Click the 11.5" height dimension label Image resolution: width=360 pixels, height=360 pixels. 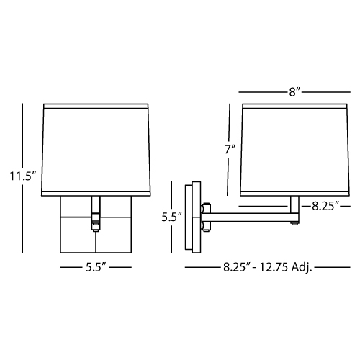[22, 176]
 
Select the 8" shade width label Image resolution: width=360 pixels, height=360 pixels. [294, 92]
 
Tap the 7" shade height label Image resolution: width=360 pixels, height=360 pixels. [230, 149]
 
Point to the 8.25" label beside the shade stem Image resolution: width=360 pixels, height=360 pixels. [325, 206]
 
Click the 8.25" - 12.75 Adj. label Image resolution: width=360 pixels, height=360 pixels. [267, 267]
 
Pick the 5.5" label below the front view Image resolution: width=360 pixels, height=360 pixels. [96, 267]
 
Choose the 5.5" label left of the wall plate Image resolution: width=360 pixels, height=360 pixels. [172, 217]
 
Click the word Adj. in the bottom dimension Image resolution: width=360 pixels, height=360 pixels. [302, 267]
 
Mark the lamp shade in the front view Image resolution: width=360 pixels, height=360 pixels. [96, 150]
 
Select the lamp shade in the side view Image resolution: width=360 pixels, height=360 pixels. [294, 150]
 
